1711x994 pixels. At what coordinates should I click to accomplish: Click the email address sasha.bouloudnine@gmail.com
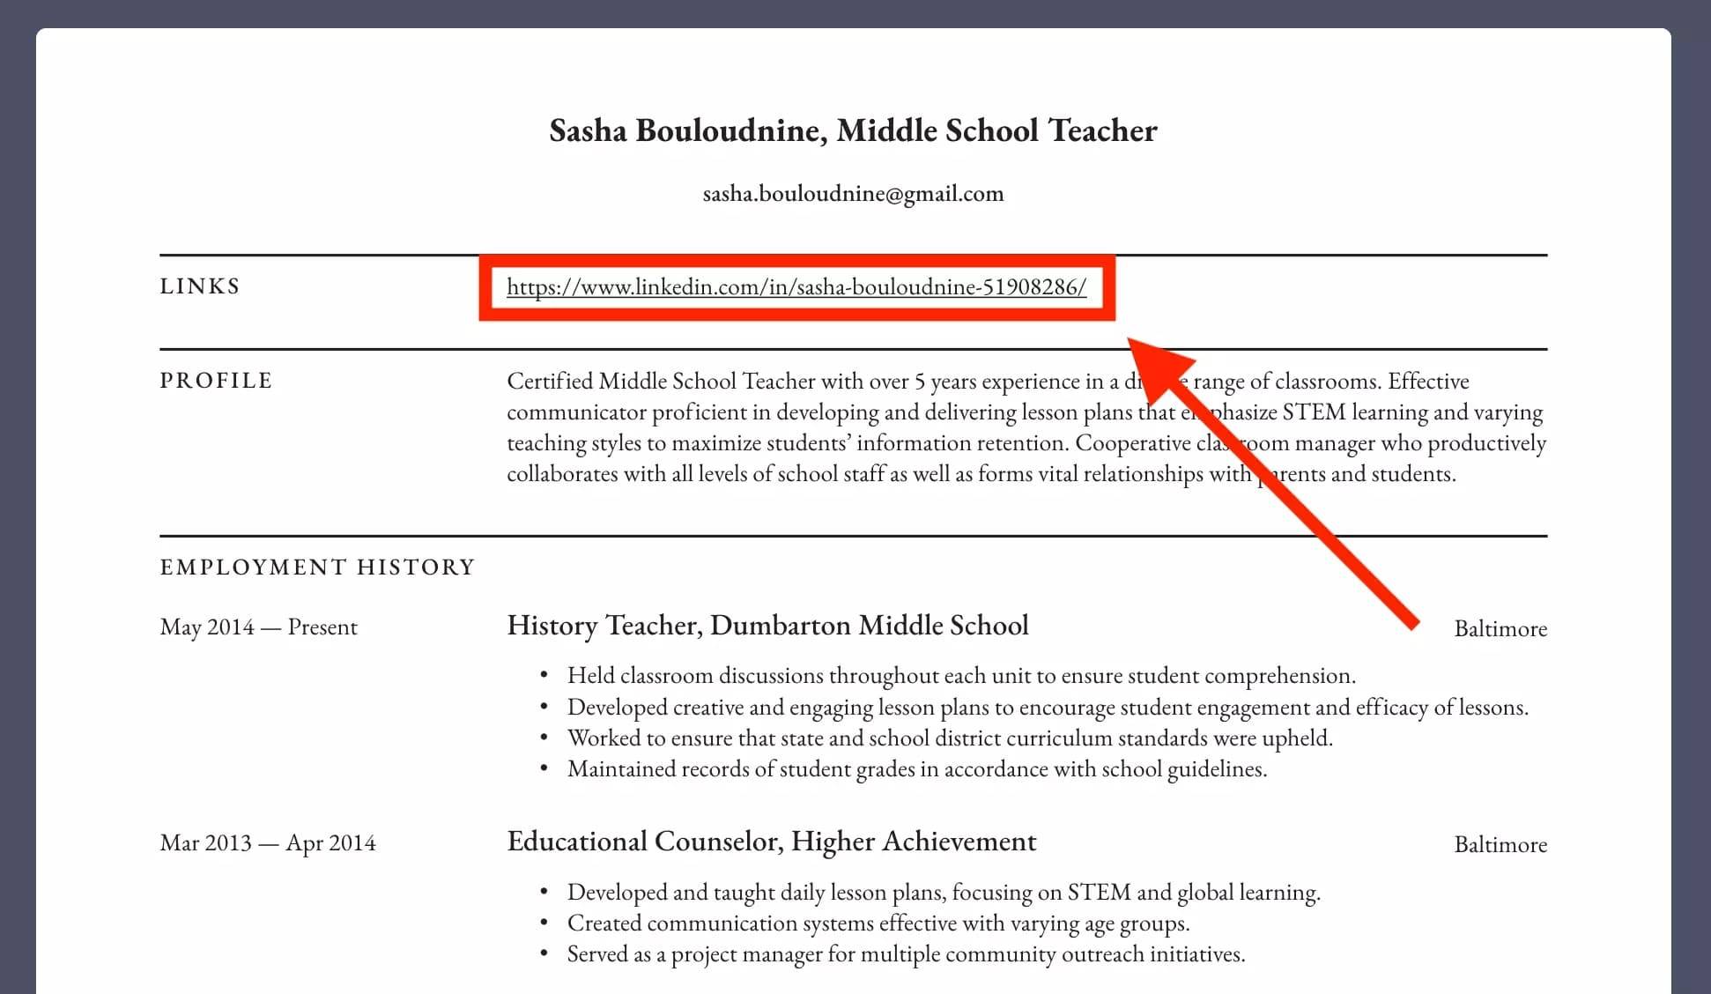pos(853,194)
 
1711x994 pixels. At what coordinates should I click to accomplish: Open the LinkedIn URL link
pos(796,287)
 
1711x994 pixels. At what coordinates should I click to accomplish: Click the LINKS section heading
pos(200,286)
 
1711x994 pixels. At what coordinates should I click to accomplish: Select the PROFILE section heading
pos(216,381)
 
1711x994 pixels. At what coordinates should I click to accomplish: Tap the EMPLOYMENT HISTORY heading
pos(317,567)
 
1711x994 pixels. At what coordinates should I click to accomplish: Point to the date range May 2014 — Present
pos(258,627)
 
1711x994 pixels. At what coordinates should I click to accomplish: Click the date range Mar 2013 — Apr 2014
pos(268,843)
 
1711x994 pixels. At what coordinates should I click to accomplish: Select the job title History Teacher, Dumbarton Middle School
pos(767,626)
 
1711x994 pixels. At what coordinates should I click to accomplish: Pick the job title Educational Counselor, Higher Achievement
pos(771,842)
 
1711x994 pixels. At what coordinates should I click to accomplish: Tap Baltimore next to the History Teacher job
pos(1500,629)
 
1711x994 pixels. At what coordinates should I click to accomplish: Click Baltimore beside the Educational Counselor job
pos(1500,845)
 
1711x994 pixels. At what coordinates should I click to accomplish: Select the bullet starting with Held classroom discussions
pos(960,676)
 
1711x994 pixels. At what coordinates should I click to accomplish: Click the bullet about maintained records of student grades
pos(916,769)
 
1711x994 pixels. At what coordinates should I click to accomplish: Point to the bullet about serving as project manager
pos(906,954)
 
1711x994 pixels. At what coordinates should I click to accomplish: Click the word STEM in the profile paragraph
pos(1313,412)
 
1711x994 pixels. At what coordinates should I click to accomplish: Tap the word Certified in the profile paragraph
pos(549,382)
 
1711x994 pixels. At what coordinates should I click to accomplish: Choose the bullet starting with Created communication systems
pos(878,924)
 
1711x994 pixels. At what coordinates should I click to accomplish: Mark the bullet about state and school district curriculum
pos(949,738)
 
